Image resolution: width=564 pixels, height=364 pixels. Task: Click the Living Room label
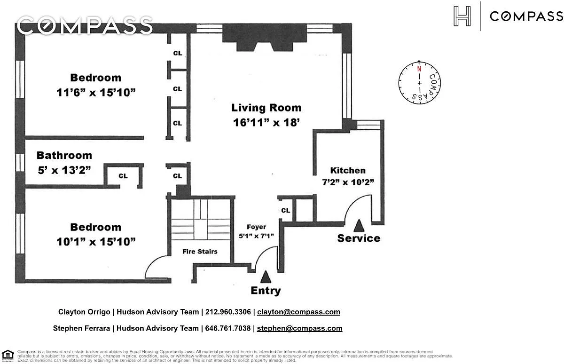click(266, 108)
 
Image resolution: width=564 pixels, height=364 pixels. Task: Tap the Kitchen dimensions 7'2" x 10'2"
click(348, 182)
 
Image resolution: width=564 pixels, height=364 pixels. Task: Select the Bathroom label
click(64, 155)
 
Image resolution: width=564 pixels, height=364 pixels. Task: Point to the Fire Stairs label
click(200, 252)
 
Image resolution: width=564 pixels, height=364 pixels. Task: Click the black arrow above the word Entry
click(266, 277)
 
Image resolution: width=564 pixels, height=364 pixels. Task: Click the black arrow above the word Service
click(359, 225)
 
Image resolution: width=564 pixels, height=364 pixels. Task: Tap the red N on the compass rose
click(419, 69)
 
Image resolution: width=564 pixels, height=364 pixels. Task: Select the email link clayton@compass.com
click(298, 312)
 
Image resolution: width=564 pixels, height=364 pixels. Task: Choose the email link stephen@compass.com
click(300, 328)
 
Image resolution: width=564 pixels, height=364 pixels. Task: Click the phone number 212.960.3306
click(228, 312)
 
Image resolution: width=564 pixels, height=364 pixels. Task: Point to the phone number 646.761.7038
click(228, 328)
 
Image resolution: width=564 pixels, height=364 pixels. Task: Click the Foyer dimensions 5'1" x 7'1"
click(256, 236)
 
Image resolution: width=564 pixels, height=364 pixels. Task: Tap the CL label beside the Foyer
click(286, 210)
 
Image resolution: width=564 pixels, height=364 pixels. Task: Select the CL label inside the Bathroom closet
click(123, 176)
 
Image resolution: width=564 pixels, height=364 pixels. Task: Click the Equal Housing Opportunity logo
click(8, 355)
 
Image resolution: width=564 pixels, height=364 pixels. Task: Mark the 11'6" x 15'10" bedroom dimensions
click(96, 93)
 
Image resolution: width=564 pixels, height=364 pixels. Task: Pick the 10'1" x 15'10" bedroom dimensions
click(96, 242)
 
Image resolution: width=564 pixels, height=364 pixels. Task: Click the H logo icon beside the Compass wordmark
click(462, 16)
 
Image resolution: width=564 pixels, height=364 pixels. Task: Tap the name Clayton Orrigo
click(84, 312)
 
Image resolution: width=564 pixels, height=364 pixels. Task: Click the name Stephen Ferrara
click(81, 328)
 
